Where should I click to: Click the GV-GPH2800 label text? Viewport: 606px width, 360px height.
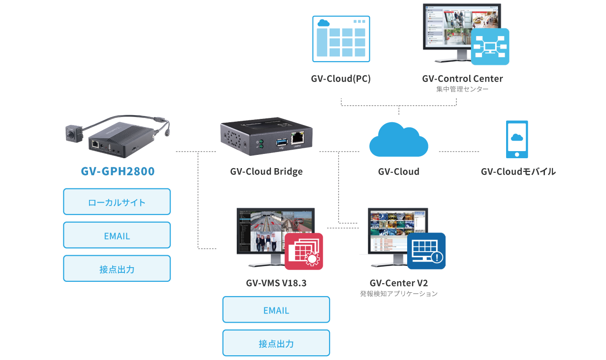[117, 171]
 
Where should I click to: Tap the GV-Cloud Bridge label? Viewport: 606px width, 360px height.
[266, 171]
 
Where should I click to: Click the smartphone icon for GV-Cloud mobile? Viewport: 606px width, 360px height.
[517, 139]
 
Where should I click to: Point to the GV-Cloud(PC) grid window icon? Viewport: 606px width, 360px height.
[341, 39]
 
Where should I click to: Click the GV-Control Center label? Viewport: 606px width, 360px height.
[462, 79]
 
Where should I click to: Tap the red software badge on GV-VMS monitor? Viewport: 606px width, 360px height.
[304, 251]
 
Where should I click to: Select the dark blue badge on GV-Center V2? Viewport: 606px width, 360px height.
[426, 251]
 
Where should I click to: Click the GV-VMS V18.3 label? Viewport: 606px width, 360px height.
[276, 283]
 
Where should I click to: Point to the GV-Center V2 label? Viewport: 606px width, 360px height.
[399, 283]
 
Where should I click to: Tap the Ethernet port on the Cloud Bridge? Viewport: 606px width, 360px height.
[298, 138]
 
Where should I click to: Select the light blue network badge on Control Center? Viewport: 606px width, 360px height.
[490, 46]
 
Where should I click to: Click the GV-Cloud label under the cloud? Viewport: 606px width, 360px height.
[399, 171]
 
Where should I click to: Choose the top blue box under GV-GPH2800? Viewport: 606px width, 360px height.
[117, 201]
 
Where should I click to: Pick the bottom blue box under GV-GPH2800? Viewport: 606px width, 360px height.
[117, 268]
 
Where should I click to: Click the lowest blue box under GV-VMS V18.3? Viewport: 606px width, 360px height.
[276, 342]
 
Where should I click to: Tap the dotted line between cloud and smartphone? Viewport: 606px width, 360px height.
[459, 152]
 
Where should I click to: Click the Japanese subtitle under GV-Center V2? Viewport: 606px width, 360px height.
[399, 294]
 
